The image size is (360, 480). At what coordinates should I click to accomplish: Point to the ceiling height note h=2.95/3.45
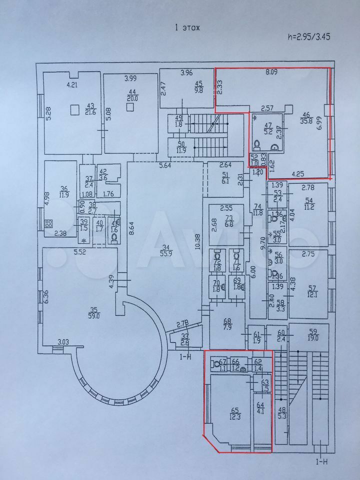(308, 36)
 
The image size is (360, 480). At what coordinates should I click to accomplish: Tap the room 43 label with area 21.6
(90, 108)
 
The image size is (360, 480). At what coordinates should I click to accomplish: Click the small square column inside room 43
(74, 108)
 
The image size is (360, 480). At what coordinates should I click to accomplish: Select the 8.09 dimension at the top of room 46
(271, 72)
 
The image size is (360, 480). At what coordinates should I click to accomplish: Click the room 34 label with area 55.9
(171, 249)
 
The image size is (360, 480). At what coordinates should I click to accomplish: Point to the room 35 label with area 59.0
(93, 313)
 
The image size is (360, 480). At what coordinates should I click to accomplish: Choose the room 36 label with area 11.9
(63, 192)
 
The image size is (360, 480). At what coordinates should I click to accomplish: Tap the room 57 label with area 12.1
(312, 290)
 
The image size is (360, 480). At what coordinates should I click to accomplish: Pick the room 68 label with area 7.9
(227, 324)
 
